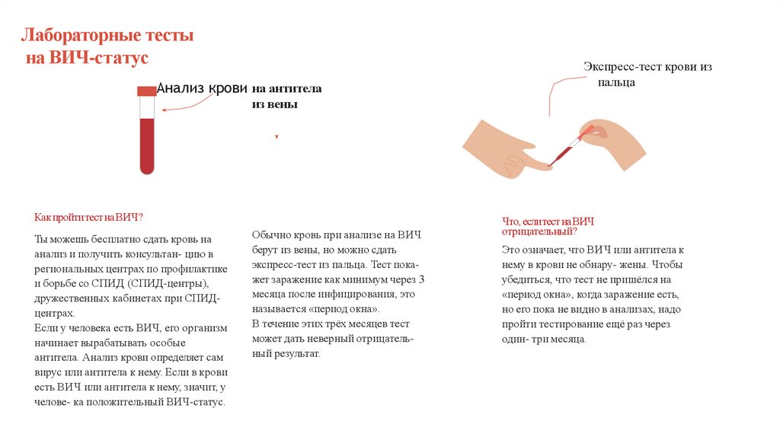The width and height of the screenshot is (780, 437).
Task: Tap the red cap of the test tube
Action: point(147,91)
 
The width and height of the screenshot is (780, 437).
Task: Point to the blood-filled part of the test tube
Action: point(147,146)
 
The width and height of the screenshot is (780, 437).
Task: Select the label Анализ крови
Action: point(202,88)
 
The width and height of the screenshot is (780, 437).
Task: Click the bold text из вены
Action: point(274,104)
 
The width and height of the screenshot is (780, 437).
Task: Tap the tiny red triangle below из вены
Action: point(277,136)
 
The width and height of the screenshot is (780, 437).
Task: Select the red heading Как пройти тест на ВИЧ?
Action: point(88,217)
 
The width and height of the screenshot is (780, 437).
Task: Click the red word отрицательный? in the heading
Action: point(539,231)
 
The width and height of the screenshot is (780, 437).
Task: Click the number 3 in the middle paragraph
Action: point(421,279)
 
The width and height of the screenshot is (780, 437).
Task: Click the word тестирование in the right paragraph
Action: point(572,324)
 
